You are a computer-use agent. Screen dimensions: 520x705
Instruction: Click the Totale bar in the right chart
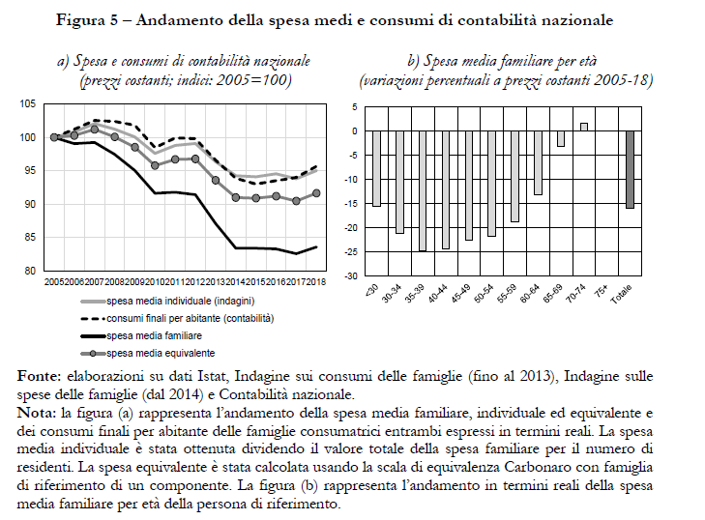coord(630,169)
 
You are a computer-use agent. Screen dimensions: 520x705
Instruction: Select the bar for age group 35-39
coord(422,190)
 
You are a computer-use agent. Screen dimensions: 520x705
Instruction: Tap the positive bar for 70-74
coord(584,127)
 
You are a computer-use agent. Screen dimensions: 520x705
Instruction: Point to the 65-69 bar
coord(560,138)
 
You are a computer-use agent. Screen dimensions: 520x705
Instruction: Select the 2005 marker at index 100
coord(54,137)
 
